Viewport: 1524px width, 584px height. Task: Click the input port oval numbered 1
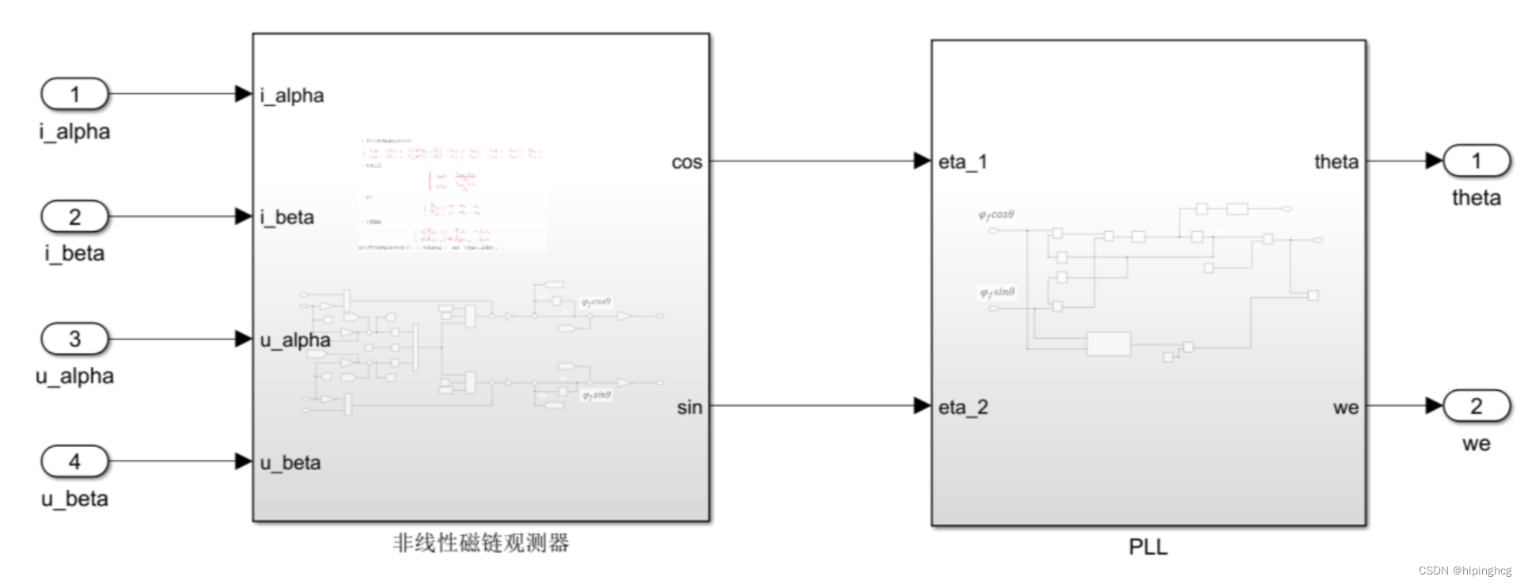coord(74,94)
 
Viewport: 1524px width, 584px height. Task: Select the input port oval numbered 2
coord(74,216)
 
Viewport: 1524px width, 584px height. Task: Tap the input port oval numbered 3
coord(74,339)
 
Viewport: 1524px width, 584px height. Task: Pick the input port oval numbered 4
coord(74,461)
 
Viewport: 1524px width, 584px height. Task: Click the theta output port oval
coord(1477,161)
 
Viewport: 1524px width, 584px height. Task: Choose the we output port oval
coord(1477,406)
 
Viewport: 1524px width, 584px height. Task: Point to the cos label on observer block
coord(687,162)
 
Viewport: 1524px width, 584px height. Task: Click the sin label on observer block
coord(689,408)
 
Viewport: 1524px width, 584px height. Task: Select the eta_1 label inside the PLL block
coord(963,162)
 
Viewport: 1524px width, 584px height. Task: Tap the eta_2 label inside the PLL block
coord(963,408)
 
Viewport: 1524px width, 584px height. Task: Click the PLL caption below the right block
coord(1148,547)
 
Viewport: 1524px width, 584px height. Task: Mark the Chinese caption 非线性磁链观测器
coord(481,543)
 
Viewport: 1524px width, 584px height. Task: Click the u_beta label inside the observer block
coord(290,463)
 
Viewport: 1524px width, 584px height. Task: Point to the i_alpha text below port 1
coord(74,131)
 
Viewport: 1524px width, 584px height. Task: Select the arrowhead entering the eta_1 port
coord(922,161)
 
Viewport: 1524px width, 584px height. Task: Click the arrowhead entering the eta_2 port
coord(922,406)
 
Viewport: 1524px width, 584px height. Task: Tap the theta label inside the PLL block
coord(1336,162)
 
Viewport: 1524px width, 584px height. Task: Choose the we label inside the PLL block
coord(1346,408)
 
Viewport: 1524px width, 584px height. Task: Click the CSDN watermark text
coord(1465,571)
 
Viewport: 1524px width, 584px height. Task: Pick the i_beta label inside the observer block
coord(287,218)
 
